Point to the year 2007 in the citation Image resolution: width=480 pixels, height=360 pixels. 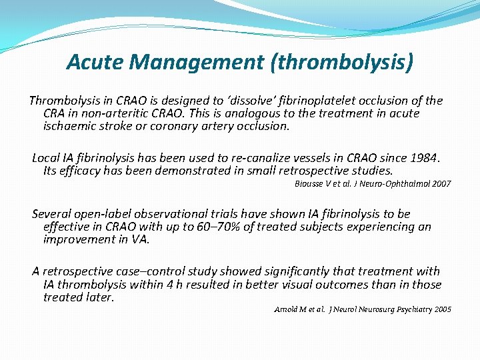coord(441,183)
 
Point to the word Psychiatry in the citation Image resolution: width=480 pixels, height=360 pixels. coord(409,309)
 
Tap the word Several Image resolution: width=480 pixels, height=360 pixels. coord(52,214)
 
